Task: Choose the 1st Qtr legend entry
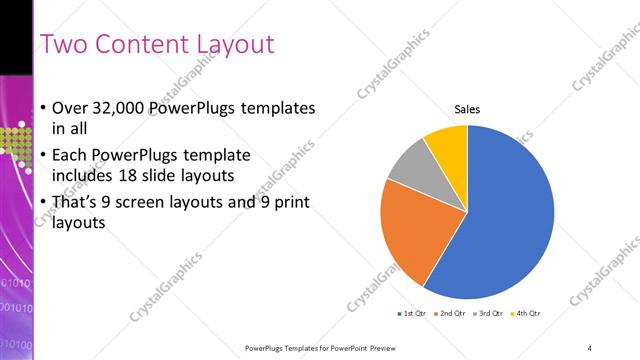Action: tap(412, 314)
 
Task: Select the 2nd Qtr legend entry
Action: tap(451, 314)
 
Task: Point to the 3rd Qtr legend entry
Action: tap(489, 314)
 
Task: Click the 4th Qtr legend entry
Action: tap(527, 314)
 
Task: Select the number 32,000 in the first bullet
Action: tap(116, 107)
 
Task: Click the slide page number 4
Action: tap(590, 346)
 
